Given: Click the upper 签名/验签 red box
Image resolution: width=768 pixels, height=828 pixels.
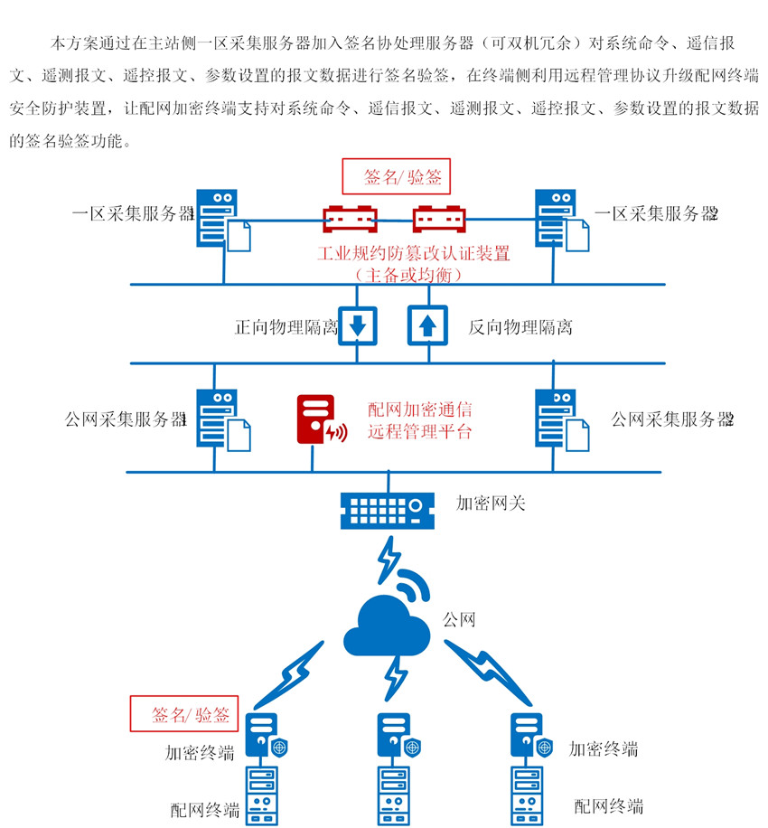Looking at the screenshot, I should pyautogui.click(x=396, y=176).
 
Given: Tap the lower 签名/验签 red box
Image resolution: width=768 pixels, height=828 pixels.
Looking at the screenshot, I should pyautogui.click(x=183, y=713).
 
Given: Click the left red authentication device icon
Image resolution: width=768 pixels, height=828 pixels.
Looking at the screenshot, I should pyautogui.click(x=351, y=221).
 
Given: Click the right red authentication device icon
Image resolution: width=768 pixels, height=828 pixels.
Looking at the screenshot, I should pyautogui.click(x=440, y=221).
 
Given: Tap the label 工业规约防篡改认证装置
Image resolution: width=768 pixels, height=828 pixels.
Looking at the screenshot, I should pyautogui.click(x=413, y=254).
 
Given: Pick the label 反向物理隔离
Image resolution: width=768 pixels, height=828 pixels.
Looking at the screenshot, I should pyautogui.click(x=520, y=326).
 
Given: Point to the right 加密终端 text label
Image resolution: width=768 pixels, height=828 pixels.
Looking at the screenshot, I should pyautogui.click(x=604, y=748).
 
